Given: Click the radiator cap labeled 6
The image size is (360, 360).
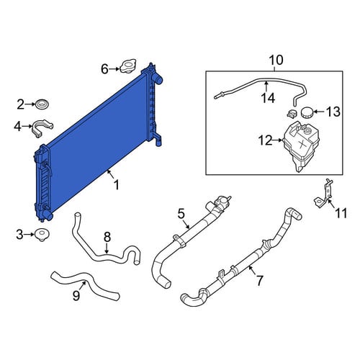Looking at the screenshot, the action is coord(128,66).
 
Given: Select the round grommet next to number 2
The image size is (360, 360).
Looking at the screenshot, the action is coord(42,104).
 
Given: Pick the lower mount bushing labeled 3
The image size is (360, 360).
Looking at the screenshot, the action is coord(42,234).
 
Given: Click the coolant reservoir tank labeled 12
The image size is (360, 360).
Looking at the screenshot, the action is coord(301,145).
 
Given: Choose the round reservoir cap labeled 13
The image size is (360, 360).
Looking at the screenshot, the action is coord(307,112).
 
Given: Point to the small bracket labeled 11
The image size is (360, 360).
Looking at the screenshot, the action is coord(324,194).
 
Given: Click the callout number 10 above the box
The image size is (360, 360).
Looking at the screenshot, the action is coord(276,60).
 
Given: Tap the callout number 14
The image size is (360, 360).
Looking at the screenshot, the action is coord(268,98).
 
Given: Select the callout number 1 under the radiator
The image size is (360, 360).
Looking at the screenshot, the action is coord(117,185).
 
